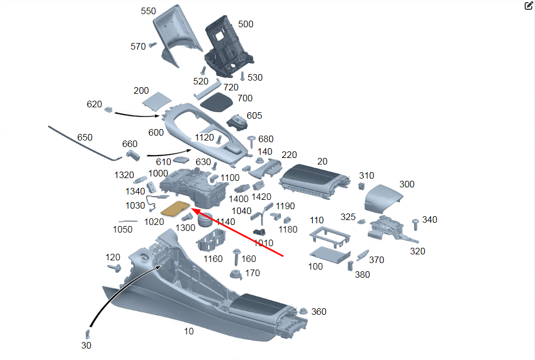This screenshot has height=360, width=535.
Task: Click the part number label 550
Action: [148, 11]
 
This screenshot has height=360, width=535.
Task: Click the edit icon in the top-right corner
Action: [528, 6]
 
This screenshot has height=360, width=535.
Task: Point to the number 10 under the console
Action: [189, 331]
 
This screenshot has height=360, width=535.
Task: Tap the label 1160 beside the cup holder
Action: [213, 259]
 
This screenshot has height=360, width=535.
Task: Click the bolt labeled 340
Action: [416, 223]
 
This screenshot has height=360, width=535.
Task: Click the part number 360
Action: [319, 312]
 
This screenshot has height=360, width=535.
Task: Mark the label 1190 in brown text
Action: [285, 206]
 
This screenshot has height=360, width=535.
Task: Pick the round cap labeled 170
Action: [236, 274]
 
